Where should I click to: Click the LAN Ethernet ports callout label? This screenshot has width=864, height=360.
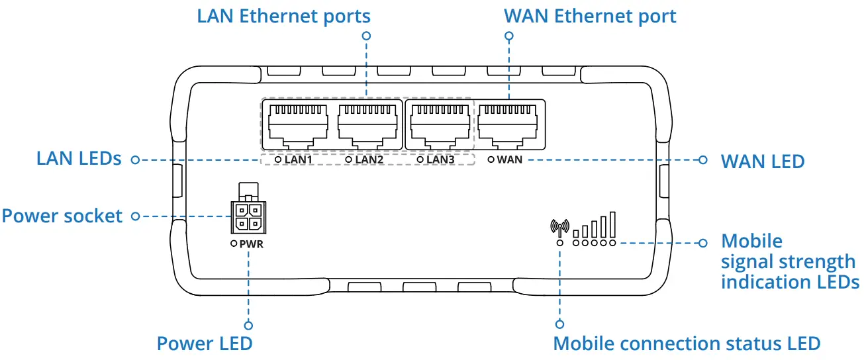point(283,16)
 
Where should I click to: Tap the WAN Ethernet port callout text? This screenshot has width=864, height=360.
point(590,16)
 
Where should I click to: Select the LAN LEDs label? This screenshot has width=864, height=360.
point(79,159)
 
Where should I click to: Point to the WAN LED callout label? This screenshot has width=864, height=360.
point(762,161)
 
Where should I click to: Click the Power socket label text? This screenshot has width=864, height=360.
point(62,216)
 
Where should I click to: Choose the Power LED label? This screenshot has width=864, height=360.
point(205,343)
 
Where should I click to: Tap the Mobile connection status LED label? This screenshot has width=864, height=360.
point(687,343)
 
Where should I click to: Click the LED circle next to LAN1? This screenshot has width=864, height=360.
point(278,159)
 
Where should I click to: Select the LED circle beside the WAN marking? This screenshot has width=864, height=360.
point(491,159)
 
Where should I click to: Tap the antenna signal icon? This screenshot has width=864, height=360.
point(559,227)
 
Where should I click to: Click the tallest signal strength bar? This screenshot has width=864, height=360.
point(613,224)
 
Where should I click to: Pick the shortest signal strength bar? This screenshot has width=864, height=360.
point(577,232)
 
